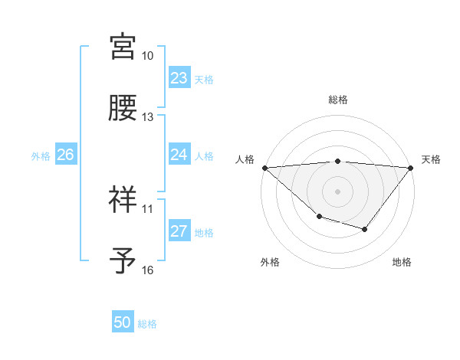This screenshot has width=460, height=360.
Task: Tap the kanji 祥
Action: pos(123,199)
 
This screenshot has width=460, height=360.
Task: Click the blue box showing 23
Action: pos(179,78)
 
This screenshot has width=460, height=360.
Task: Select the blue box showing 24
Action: pos(179,155)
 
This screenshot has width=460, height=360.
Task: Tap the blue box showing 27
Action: pos(179,231)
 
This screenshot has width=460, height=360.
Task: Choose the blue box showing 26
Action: pos(65,155)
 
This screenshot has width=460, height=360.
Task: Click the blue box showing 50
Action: pos(123,323)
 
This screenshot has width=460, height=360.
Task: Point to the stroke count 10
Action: pos(147,56)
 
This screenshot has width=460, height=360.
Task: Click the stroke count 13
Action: pos(147,117)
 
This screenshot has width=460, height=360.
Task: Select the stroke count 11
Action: pos(147,208)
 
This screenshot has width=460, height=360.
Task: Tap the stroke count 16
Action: pos(147,270)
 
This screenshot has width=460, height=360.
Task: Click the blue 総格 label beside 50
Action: pos(147,324)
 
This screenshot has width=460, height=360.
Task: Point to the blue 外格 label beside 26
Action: pos(41,155)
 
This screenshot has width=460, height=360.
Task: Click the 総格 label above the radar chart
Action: pos(337,100)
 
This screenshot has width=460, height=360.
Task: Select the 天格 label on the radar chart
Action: pos(431,159)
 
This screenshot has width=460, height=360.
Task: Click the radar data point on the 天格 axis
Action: pos(410,167)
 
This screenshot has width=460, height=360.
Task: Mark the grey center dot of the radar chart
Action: pos(337,191)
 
